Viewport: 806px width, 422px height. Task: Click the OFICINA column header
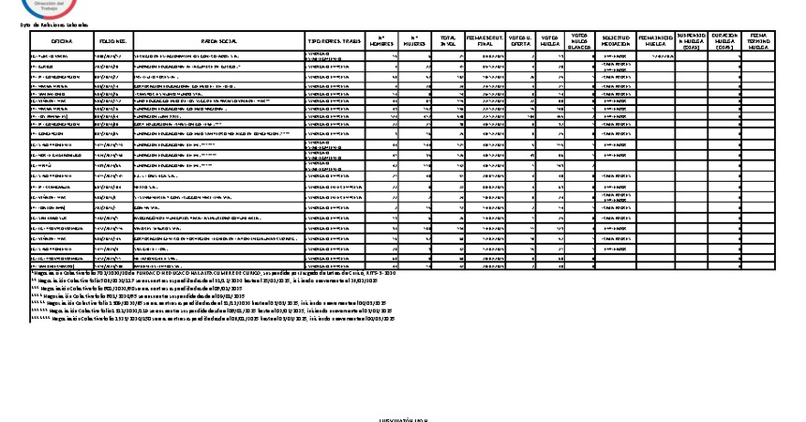pos(62,42)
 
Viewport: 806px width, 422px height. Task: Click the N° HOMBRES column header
pos(381,42)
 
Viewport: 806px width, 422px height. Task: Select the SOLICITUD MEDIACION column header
pos(615,42)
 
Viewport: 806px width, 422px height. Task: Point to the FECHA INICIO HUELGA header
pos(656,42)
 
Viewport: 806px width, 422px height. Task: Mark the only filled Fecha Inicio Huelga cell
pos(656,55)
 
